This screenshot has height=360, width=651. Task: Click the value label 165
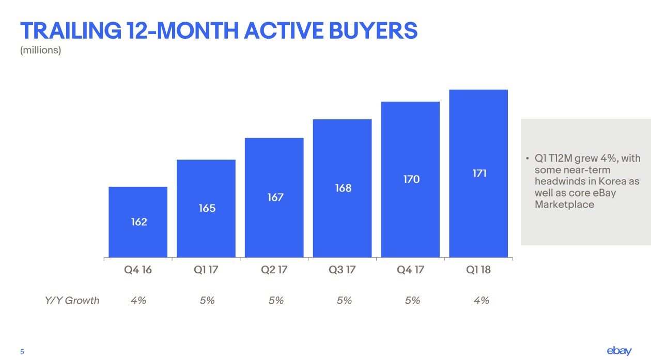[x=207, y=208]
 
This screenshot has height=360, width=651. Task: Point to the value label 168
[x=343, y=188]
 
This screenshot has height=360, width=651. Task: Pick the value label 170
[x=411, y=179]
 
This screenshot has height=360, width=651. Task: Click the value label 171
[x=479, y=174]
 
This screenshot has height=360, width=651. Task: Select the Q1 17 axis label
[x=207, y=270]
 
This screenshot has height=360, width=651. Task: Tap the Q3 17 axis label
[x=343, y=270]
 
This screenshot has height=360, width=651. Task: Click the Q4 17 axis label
[x=411, y=270]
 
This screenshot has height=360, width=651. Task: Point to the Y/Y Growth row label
[x=72, y=300]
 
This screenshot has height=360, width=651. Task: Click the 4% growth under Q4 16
[x=138, y=300]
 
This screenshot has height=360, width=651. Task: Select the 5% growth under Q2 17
[x=276, y=300]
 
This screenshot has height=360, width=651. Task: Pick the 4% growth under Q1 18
[x=481, y=300]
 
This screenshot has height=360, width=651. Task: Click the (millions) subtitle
[x=40, y=50]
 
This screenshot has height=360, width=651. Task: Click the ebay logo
[x=619, y=351]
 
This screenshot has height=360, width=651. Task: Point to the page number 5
[x=22, y=352]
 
